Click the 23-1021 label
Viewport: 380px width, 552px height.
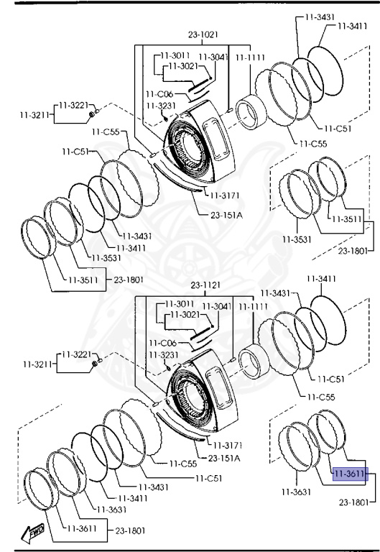(x=203, y=34)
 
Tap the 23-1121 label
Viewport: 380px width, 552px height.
(x=205, y=285)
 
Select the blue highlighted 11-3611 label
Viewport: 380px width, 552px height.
(x=350, y=474)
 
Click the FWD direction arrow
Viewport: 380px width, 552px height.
(x=33, y=533)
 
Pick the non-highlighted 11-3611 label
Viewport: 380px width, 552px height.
(x=82, y=528)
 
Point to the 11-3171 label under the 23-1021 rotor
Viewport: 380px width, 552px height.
(x=225, y=195)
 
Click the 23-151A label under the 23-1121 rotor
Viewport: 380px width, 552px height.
(x=224, y=458)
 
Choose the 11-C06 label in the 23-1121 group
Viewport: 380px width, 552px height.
(x=162, y=343)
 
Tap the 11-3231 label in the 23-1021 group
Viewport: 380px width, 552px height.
(x=161, y=106)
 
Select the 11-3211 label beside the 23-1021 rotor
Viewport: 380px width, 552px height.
(x=34, y=115)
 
